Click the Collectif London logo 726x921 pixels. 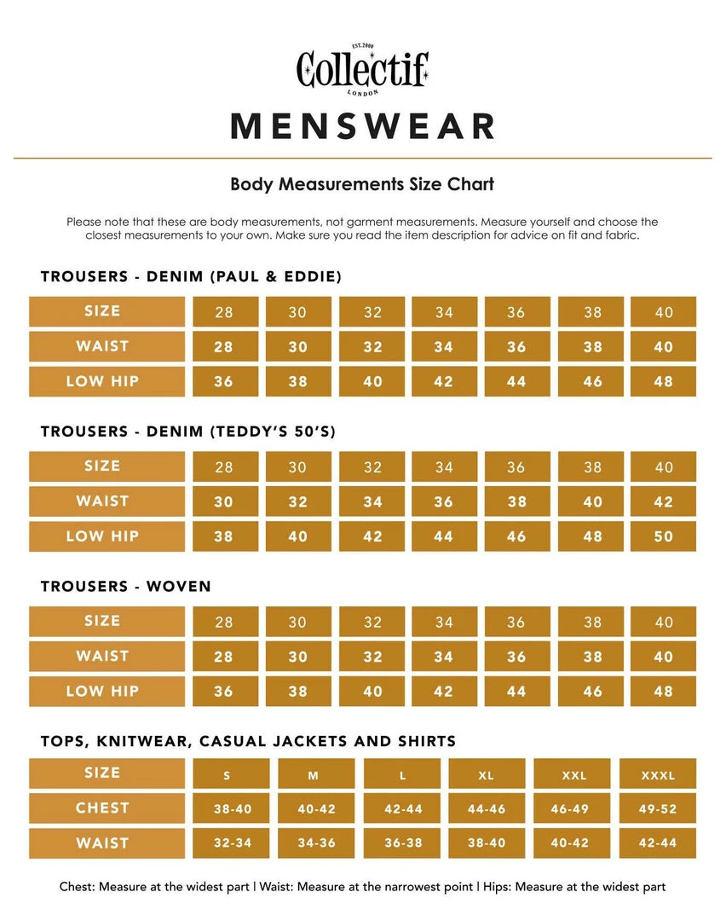coord(362,69)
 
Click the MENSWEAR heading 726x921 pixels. coord(363,126)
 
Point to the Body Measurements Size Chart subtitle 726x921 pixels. coord(362,183)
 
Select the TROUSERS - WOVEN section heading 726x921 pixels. coord(126,586)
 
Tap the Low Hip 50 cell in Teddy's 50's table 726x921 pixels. coord(663,536)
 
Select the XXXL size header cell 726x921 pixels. coord(657,774)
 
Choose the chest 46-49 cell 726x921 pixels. coord(572,808)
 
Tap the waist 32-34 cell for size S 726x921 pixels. coord(232,843)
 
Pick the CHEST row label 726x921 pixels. coord(102,808)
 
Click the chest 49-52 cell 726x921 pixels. coord(657,808)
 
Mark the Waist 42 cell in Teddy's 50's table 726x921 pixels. coord(663,501)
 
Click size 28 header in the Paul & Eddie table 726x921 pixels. coord(224,312)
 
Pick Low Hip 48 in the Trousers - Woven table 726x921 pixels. coord(663,692)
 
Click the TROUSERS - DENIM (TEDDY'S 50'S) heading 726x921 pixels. coord(188,432)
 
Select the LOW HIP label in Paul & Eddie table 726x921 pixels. coord(102,381)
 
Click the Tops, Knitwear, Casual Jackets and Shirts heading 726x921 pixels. coord(248,741)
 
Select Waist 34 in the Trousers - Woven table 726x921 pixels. coord(443,657)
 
